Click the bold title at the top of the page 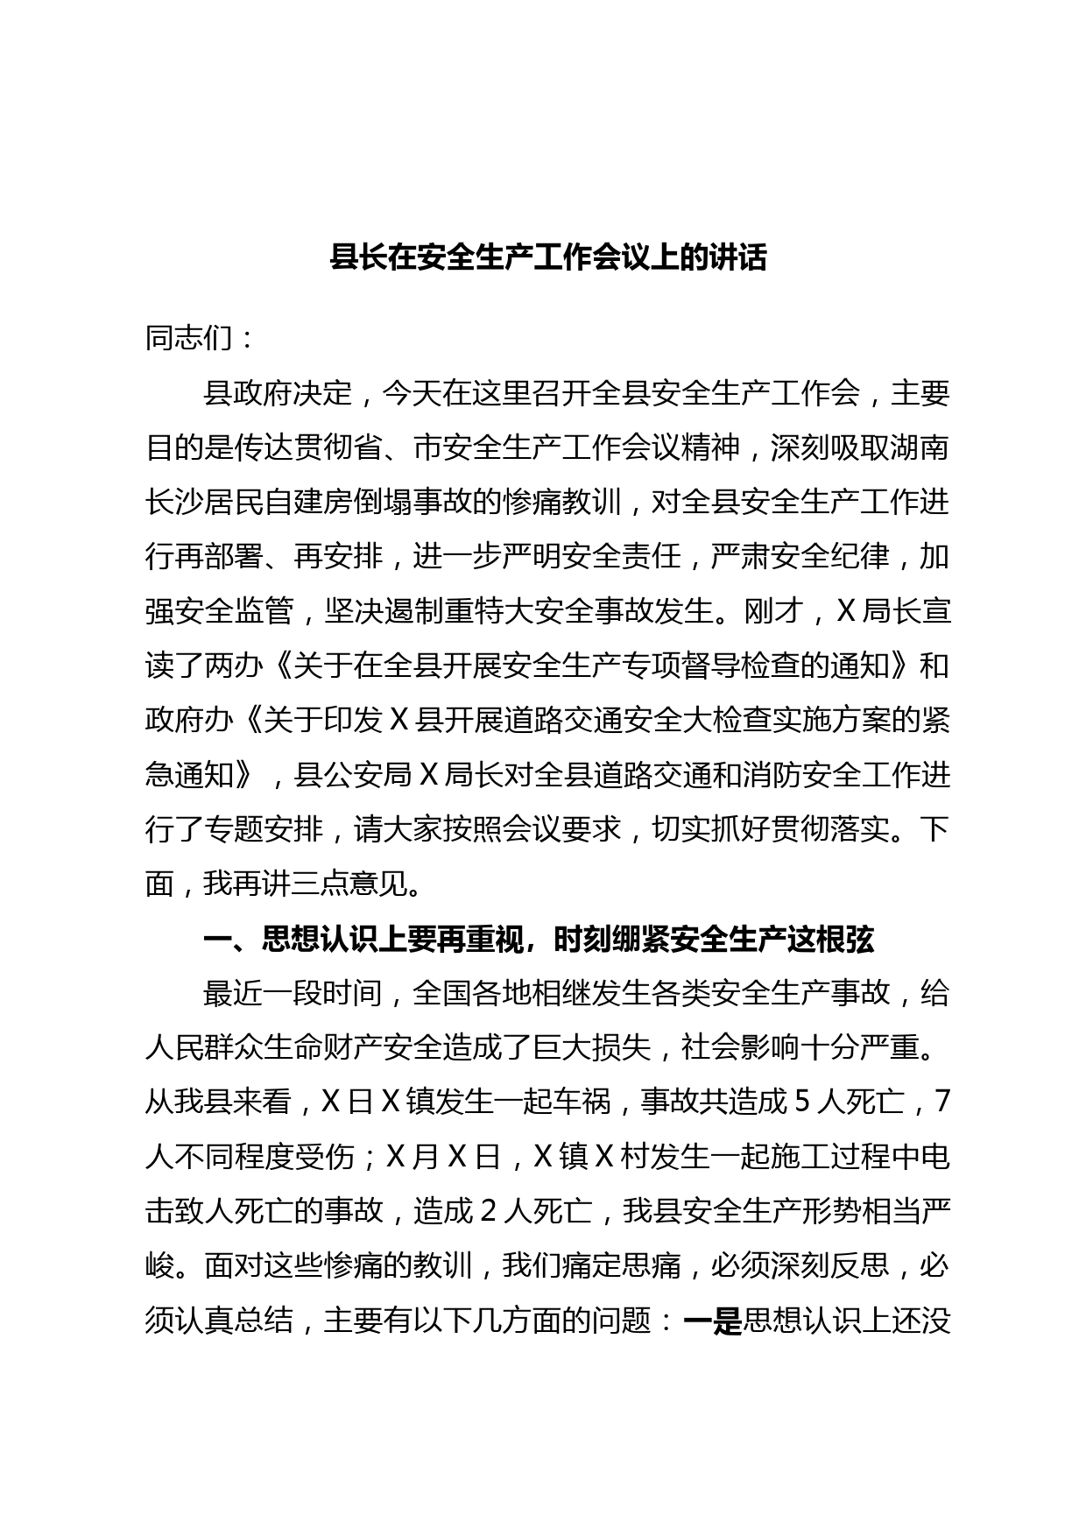coord(547,258)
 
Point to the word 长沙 coord(174,503)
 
